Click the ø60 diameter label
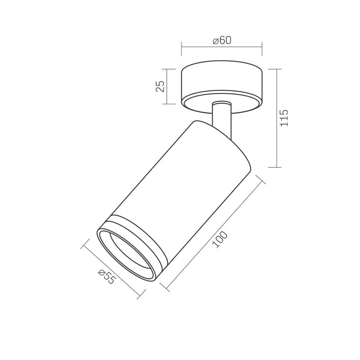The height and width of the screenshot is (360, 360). click(x=222, y=40)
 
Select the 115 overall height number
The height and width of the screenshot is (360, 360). click(x=284, y=118)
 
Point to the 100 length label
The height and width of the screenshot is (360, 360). click(x=220, y=240)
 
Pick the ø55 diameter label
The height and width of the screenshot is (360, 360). click(x=106, y=276)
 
